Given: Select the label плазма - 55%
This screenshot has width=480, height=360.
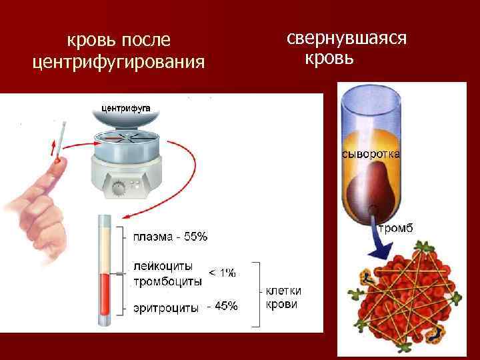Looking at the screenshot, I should tap(171, 237).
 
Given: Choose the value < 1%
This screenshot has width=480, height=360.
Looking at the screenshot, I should tap(223, 273).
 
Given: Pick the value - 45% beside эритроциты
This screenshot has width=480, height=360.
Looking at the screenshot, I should tap(222, 307).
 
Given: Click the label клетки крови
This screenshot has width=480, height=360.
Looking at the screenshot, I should tap(283, 297).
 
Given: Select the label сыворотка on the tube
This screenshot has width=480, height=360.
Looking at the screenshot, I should tap(371, 154).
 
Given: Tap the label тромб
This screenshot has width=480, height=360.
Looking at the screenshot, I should tap(396, 229).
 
